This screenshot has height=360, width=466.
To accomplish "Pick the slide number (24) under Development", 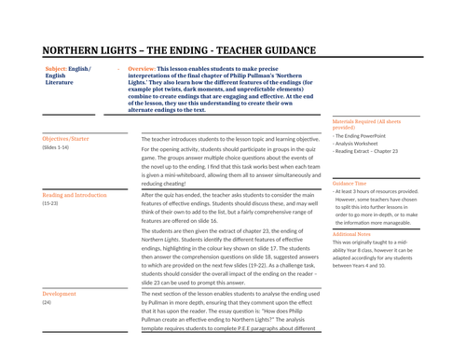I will (47, 302).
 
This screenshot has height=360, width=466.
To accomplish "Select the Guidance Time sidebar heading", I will (351, 184).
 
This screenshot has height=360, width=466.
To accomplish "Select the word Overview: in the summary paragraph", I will (141, 69).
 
